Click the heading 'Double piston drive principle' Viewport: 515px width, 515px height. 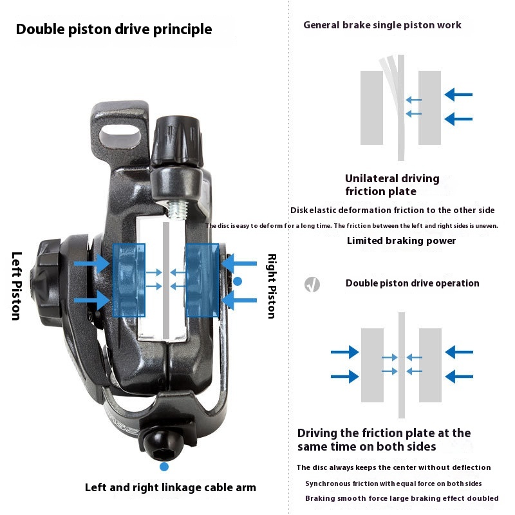(114, 30)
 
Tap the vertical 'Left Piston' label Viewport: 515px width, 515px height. (17, 286)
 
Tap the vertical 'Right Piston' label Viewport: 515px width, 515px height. (271, 286)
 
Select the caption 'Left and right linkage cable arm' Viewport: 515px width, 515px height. (171, 487)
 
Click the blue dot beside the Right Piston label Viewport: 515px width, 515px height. (238, 281)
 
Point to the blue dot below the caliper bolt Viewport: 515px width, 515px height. (164, 466)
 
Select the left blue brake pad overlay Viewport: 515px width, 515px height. (129, 280)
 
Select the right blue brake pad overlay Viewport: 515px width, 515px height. (202, 280)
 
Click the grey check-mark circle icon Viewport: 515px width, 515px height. (312, 284)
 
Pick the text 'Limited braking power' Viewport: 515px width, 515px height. (401, 241)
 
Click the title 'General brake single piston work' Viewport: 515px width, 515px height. (382, 25)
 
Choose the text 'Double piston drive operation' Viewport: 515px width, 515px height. (412, 283)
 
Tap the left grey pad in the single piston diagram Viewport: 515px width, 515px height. (371, 108)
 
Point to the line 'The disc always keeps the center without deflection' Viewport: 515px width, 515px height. (393, 467)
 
